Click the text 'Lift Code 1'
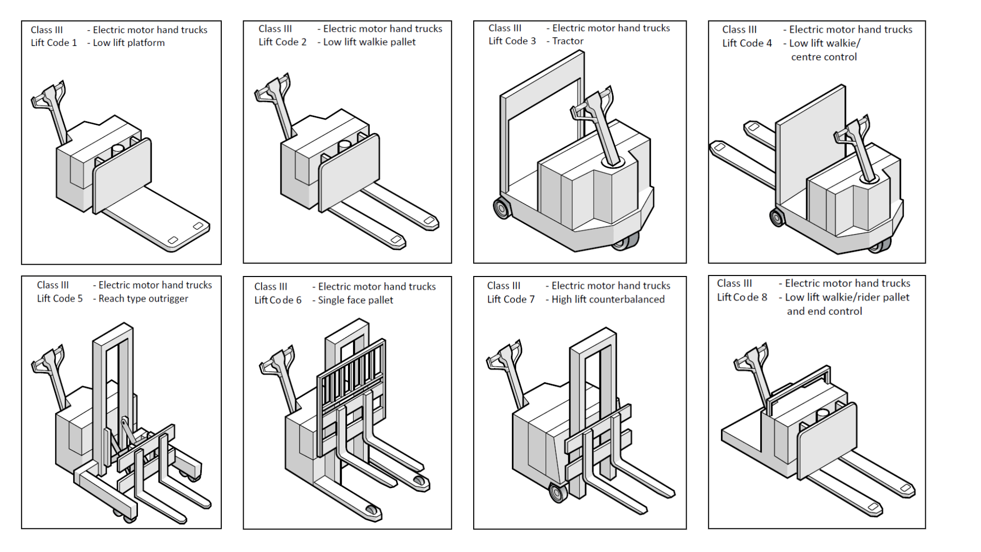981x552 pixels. click(x=54, y=43)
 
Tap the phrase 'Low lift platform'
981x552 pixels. click(x=129, y=43)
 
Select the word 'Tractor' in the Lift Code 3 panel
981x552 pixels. click(x=568, y=41)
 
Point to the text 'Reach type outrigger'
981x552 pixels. click(x=143, y=298)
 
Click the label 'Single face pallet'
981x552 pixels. click(x=356, y=300)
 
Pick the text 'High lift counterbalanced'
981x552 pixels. click(x=608, y=299)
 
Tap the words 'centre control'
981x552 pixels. click(x=824, y=57)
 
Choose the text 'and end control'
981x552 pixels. click(x=824, y=311)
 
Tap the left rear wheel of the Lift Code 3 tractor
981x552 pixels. click(x=502, y=208)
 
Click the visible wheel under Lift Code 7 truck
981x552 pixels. click(x=558, y=493)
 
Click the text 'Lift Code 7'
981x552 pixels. click(x=511, y=299)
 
